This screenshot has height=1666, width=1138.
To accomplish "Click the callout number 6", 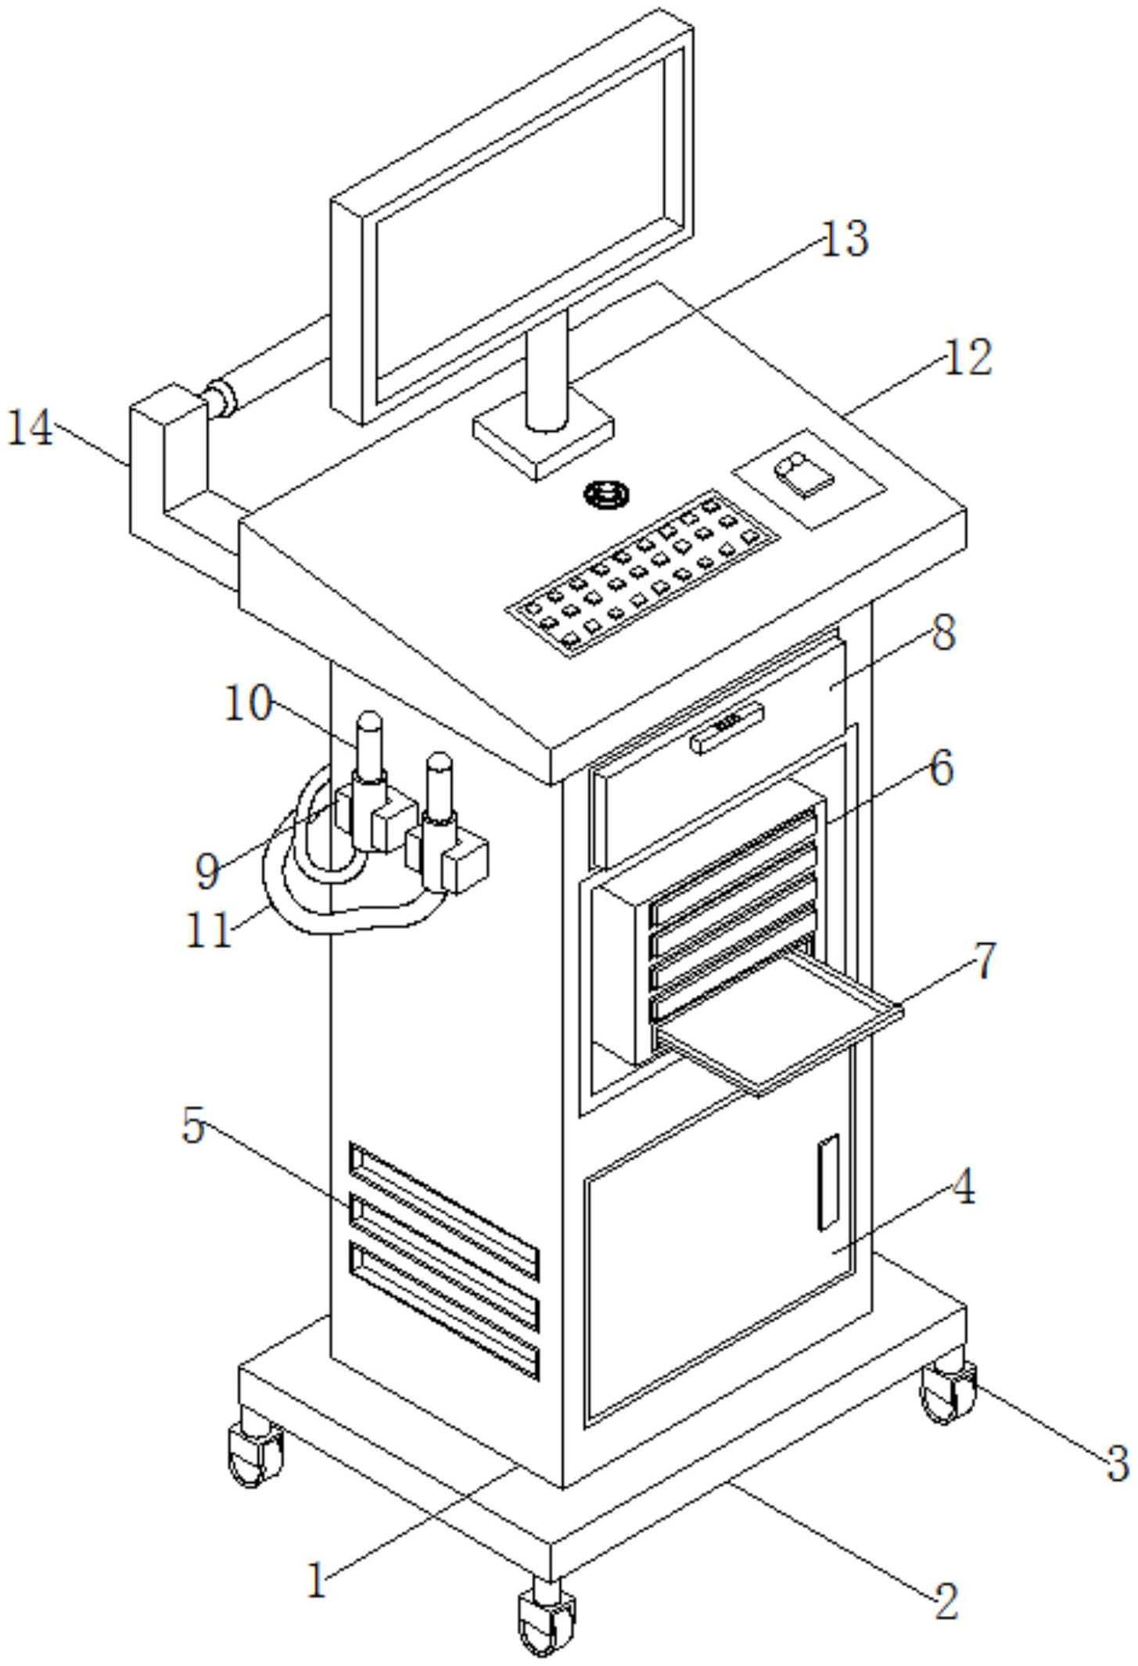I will (x=942, y=768).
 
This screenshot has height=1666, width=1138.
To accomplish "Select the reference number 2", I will (x=946, y=1600).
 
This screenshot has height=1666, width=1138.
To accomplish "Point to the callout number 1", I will (x=317, y=1579).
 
